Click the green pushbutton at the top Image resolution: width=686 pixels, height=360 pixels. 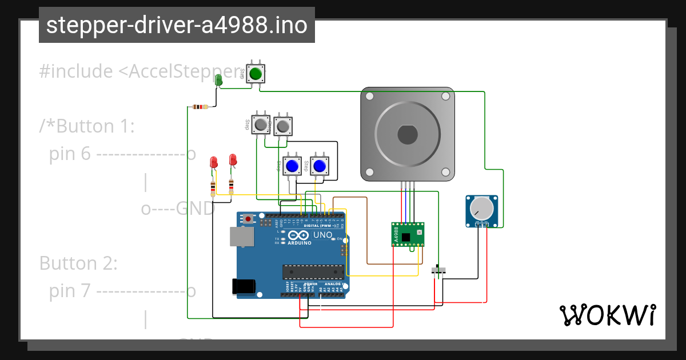coord(256,74)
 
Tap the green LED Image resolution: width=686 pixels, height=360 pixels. coord(218,80)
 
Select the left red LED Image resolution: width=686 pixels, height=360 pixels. coord(214,162)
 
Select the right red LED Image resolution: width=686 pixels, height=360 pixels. coord(233,159)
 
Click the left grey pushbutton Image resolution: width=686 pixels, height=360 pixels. coord(262,124)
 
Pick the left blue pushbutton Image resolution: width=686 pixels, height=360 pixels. coord(292,166)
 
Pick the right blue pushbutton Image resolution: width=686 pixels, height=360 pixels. coord(319,166)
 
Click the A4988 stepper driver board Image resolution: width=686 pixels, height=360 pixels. coord(408,234)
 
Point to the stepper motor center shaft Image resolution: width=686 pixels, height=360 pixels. coord(408,135)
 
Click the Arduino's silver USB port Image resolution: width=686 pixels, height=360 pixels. coord(241,237)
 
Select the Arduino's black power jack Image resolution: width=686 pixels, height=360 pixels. coord(242,286)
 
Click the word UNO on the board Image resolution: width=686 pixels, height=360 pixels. coord(322,235)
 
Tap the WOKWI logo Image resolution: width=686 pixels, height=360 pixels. coord(607,315)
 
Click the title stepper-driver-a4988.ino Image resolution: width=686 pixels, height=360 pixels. coord(177,25)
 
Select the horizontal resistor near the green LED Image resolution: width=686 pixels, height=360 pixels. coord(200,106)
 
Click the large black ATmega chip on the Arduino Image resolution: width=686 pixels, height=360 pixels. coord(312,273)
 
